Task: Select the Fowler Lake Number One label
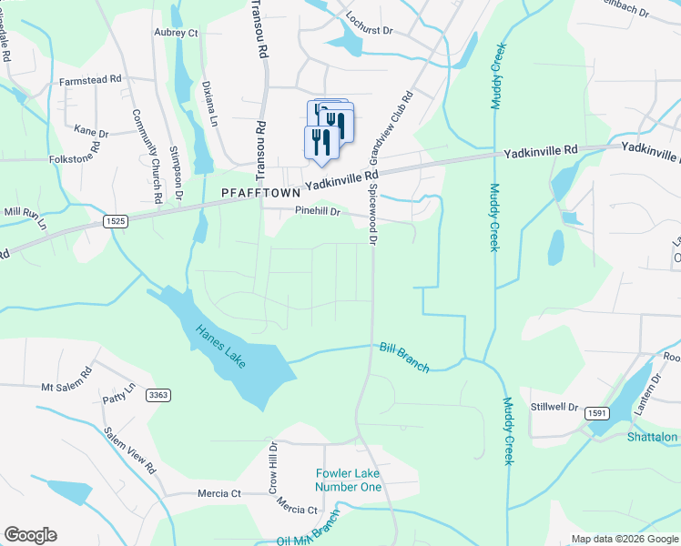coord(349,480)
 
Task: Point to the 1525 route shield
coord(115,220)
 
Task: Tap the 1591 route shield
coord(597,411)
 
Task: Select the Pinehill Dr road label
coord(317,212)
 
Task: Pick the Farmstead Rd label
coord(90,80)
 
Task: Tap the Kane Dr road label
coord(91,132)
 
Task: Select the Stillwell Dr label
coord(555,407)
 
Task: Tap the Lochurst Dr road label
coord(369,29)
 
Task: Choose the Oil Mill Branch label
coord(308,537)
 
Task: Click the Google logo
coord(30,535)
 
